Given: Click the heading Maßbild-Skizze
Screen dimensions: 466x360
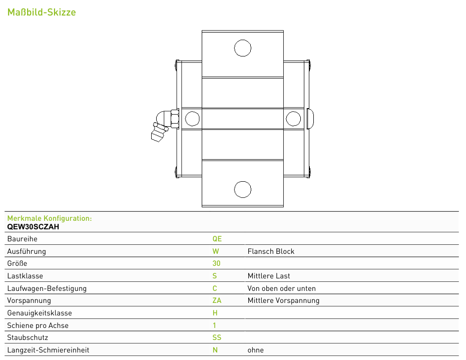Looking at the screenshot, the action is [42, 12].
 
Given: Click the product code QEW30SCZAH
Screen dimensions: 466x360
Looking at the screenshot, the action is [33, 227].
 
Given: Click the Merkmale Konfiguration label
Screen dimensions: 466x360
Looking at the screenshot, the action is [50, 218].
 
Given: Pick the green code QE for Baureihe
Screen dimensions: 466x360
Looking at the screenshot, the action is [217, 239].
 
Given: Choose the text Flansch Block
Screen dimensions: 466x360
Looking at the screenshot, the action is [271, 251].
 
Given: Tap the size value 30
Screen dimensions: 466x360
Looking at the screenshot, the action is [216, 263].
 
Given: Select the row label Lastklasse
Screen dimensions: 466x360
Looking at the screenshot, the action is [25, 276].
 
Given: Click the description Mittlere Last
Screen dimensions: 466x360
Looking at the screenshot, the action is [269, 276].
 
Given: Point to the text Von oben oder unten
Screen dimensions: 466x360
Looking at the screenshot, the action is [281, 288].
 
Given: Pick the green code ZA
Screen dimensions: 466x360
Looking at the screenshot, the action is [217, 300].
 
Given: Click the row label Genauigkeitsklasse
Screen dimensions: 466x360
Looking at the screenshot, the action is [40, 313].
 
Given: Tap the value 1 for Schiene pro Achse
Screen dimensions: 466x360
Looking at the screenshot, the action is [214, 325].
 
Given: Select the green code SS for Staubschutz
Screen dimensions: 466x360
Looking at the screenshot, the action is [217, 337].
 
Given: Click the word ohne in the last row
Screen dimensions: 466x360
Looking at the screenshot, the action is [256, 350].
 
